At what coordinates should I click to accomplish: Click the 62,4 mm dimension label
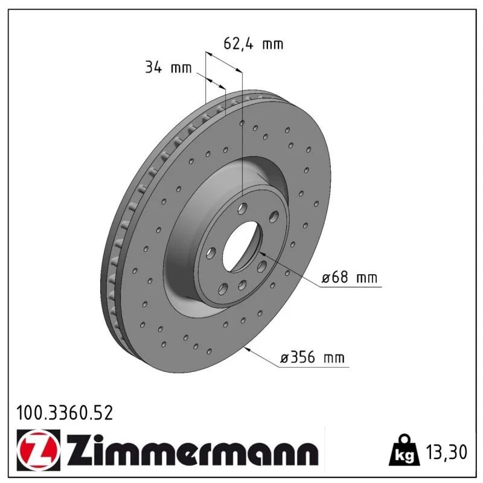coord(253,43)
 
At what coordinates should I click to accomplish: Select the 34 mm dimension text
coord(168,67)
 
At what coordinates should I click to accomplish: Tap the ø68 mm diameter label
coord(349,277)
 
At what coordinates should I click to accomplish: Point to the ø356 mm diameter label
coord(312,357)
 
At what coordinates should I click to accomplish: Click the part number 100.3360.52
coord(65,413)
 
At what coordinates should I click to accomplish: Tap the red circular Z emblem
coord(37,450)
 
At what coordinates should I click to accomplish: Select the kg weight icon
coord(404,451)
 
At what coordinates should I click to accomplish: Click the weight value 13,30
coord(446,452)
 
